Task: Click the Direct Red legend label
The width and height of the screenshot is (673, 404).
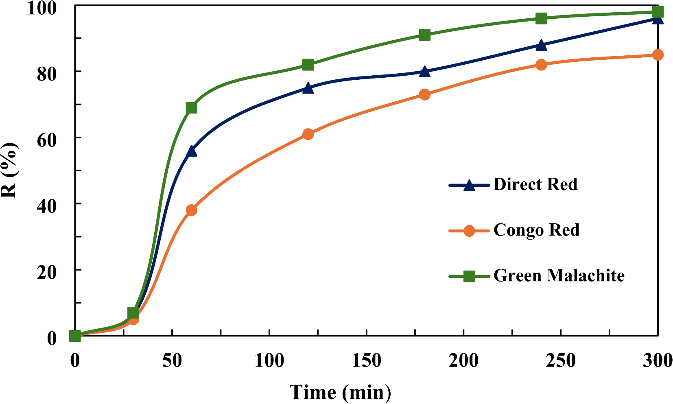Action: point(535,185)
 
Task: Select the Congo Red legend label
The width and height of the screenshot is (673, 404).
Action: point(536,230)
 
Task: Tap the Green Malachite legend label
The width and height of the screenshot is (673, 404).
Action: point(559,276)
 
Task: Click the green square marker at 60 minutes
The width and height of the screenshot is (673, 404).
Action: point(192,108)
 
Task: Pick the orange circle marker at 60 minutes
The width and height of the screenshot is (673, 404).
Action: point(192,210)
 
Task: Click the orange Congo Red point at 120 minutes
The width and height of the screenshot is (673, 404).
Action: point(308,134)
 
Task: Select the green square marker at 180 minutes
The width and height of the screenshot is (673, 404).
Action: point(424,35)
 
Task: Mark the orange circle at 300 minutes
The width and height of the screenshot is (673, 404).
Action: point(658,55)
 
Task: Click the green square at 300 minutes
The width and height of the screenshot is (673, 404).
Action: point(658,12)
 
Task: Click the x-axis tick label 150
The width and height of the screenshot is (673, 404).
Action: point(366,361)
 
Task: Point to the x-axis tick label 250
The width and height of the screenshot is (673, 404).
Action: point(561,361)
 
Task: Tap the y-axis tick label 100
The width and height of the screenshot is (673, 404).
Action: point(42,8)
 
